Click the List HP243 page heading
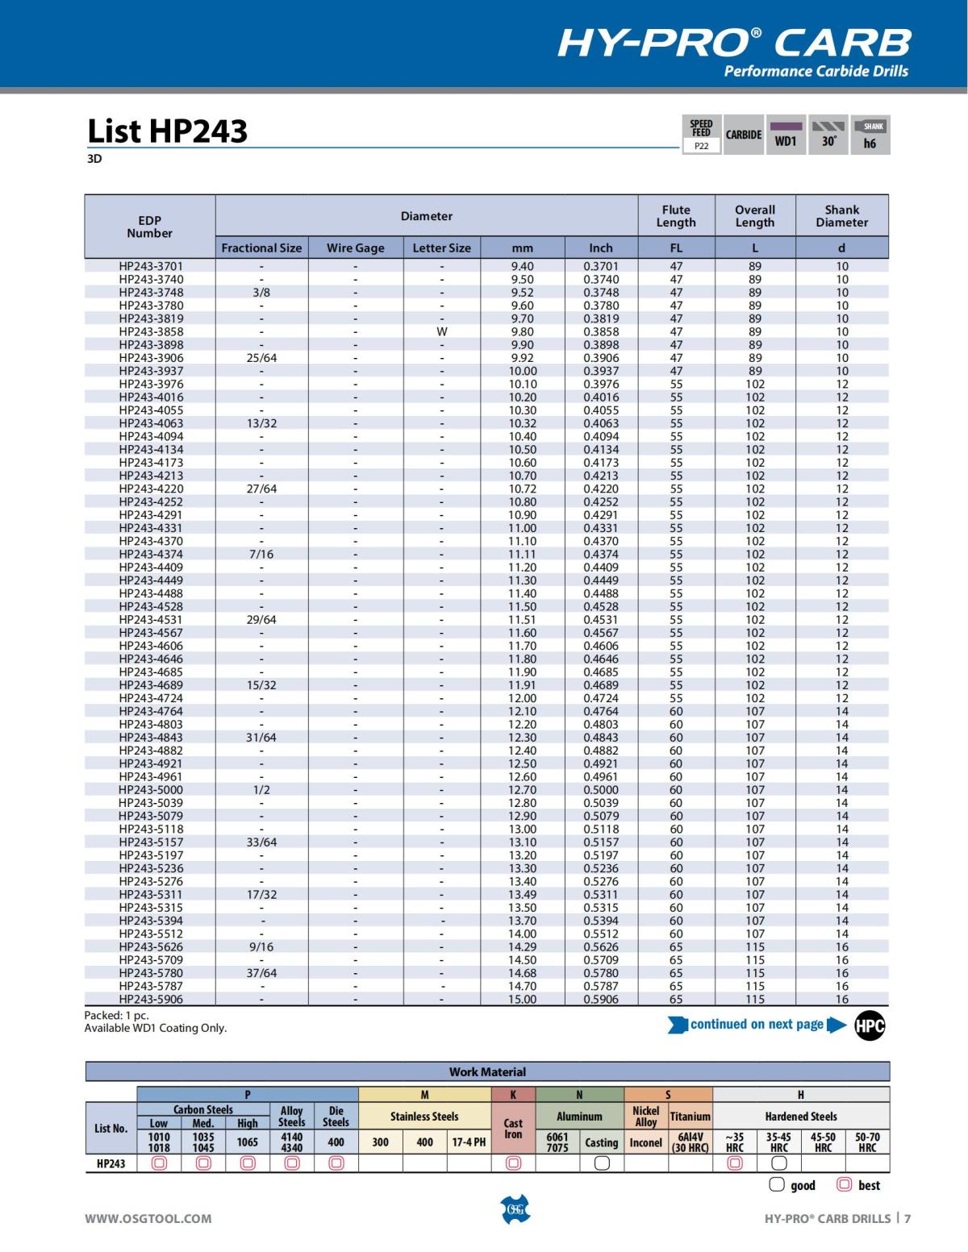point(168,131)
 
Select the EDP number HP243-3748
point(151,293)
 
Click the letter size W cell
point(441,331)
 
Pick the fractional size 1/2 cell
point(261,790)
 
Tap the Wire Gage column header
point(355,248)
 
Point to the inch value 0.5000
point(601,790)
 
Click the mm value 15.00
point(522,1000)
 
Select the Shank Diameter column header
point(841,216)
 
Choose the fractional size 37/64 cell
point(261,973)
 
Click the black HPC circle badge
point(870,1025)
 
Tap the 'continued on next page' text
point(757,1025)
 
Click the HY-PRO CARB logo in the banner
point(734,44)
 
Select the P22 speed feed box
point(702,146)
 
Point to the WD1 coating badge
point(786,135)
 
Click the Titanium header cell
point(691,1117)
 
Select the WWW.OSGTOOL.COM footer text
point(148,1219)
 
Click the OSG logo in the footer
point(515,1209)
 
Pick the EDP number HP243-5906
point(151,1000)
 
